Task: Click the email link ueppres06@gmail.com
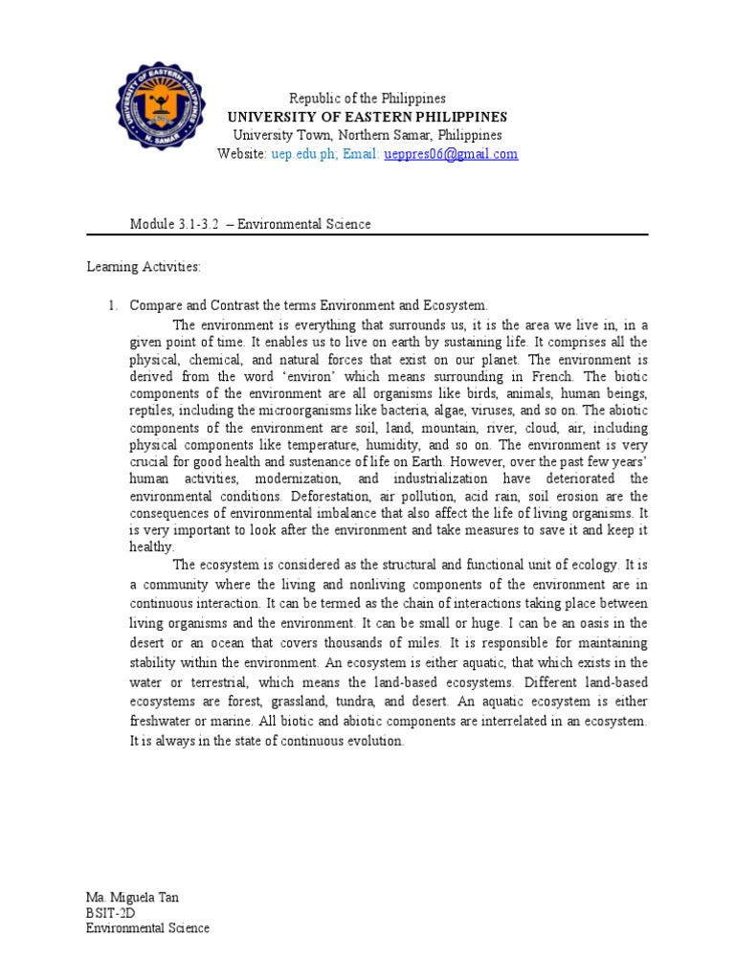[451, 154]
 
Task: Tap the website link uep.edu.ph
[298, 154]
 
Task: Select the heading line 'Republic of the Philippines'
[368, 99]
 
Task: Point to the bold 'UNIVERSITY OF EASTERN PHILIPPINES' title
[367, 117]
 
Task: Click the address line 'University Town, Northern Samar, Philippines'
[367, 135]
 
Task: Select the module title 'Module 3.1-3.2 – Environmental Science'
[250, 224]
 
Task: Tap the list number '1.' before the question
[112, 305]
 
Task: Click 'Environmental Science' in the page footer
[147, 928]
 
